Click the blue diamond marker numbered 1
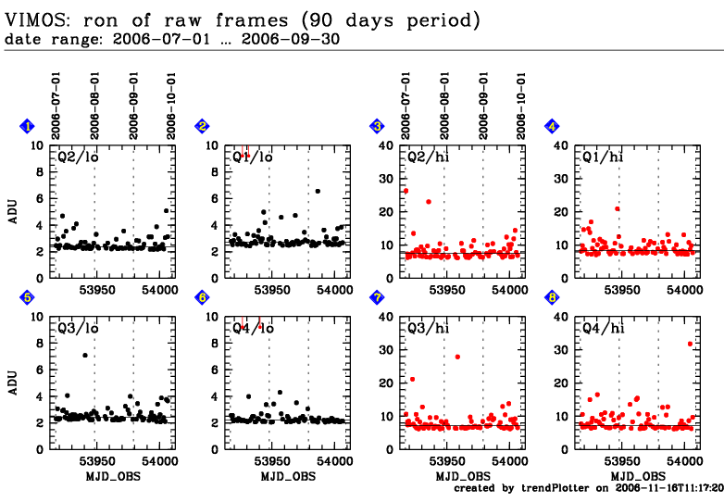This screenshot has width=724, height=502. tap(28, 126)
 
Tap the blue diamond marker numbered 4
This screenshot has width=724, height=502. tap(552, 126)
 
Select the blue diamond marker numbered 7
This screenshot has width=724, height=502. tap(377, 296)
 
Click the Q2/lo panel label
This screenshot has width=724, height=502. tap(79, 157)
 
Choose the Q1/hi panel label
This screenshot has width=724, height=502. tap(603, 157)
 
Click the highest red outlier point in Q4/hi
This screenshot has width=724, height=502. tap(690, 344)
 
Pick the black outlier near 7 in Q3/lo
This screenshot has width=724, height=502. tap(85, 355)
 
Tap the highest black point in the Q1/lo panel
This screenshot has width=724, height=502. tap(318, 191)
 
